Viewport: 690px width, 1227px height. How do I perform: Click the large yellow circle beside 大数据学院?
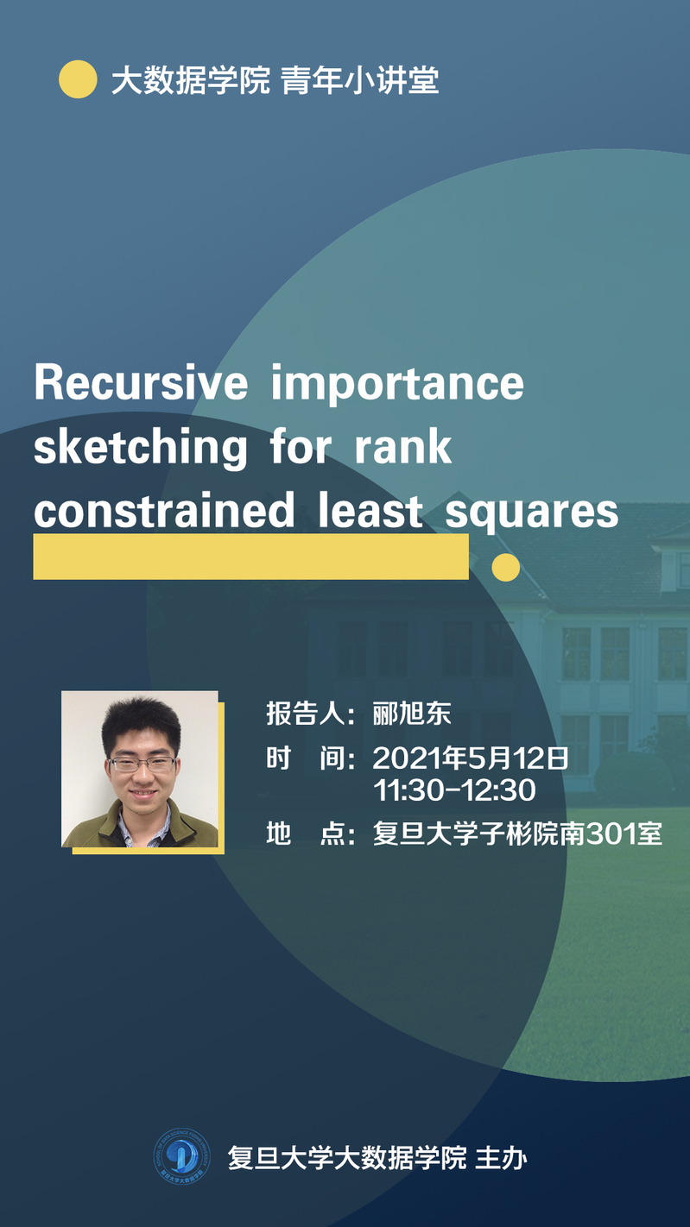click(78, 79)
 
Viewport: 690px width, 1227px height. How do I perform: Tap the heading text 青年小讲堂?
click(360, 80)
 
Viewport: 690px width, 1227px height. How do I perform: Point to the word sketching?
click(140, 448)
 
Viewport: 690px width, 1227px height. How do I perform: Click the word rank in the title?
click(402, 446)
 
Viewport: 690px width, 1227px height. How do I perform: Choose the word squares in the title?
click(532, 513)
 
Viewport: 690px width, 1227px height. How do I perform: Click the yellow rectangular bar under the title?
click(251, 557)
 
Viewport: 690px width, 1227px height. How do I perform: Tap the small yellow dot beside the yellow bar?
click(505, 567)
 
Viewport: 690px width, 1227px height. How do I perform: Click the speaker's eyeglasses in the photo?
click(142, 763)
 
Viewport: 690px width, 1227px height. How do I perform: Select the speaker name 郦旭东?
click(412, 714)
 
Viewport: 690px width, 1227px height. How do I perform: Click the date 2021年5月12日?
click(471, 758)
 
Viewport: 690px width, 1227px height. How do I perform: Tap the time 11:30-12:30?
click(454, 790)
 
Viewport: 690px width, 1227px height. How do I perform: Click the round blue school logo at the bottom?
click(181, 1156)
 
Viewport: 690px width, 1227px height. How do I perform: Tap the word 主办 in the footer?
click(501, 1157)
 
